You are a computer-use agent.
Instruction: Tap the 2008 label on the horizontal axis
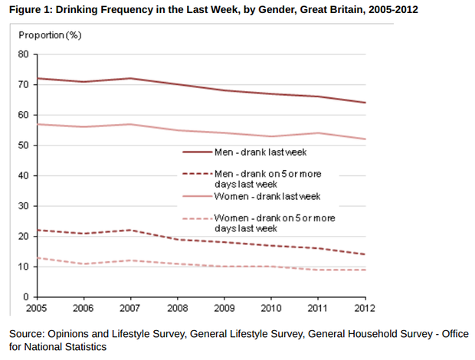pos(178,309)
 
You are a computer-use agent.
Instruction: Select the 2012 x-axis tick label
pos(365,309)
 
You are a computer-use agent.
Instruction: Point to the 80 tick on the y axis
pos(23,54)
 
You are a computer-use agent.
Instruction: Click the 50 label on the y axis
pos(23,146)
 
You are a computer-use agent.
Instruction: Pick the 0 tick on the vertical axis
pos(25,297)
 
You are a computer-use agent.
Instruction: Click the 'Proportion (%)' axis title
pos(50,36)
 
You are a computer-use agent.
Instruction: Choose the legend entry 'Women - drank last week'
pos(261,197)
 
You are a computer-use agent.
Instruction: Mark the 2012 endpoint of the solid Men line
pos(365,103)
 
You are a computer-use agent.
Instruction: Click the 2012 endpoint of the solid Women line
pos(365,139)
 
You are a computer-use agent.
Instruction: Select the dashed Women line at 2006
pos(85,263)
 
